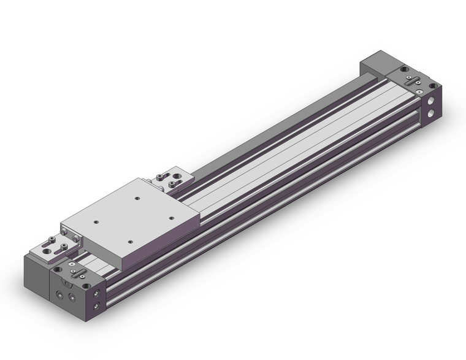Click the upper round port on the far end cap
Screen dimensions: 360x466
tap(434, 99)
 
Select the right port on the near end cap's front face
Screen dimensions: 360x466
tap(75, 297)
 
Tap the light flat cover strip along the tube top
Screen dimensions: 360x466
tap(294, 147)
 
